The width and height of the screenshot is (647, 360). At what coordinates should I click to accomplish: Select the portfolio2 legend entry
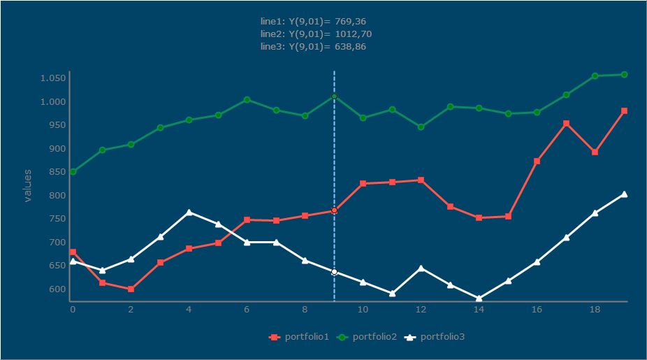pyautogui.click(x=367, y=337)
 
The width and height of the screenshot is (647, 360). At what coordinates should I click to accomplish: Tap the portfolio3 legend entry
pyautogui.click(x=435, y=337)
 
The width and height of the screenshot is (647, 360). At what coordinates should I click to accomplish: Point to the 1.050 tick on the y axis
pyautogui.click(x=53, y=78)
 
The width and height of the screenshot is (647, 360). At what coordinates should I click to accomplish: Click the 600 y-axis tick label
pyautogui.click(x=57, y=289)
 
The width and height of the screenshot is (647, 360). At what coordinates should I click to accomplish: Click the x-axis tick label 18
pyautogui.click(x=595, y=309)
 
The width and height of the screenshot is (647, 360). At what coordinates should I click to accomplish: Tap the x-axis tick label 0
pyautogui.click(x=73, y=309)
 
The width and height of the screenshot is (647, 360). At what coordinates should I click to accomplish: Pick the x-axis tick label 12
pyautogui.click(x=421, y=309)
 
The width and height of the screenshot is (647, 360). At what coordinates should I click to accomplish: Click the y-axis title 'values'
pyautogui.click(x=28, y=185)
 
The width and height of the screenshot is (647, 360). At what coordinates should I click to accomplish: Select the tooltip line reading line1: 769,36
pyautogui.click(x=313, y=22)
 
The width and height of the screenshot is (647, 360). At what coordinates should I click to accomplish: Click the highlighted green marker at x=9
pyautogui.click(x=334, y=96)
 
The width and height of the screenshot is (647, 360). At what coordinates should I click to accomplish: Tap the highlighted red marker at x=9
pyautogui.click(x=334, y=210)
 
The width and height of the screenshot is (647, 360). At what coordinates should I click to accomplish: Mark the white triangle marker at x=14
pyautogui.click(x=479, y=298)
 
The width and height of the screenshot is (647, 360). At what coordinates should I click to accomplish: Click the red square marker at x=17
pyautogui.click(x=566, y=124)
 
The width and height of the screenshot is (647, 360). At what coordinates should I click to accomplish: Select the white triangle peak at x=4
pyautogui.click(x=189, y=212)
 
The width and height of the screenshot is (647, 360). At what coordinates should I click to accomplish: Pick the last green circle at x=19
pyautogui.click(x=624, y=74)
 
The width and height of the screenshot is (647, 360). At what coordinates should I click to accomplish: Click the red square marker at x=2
pyautogui.click(x=131, y=289)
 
